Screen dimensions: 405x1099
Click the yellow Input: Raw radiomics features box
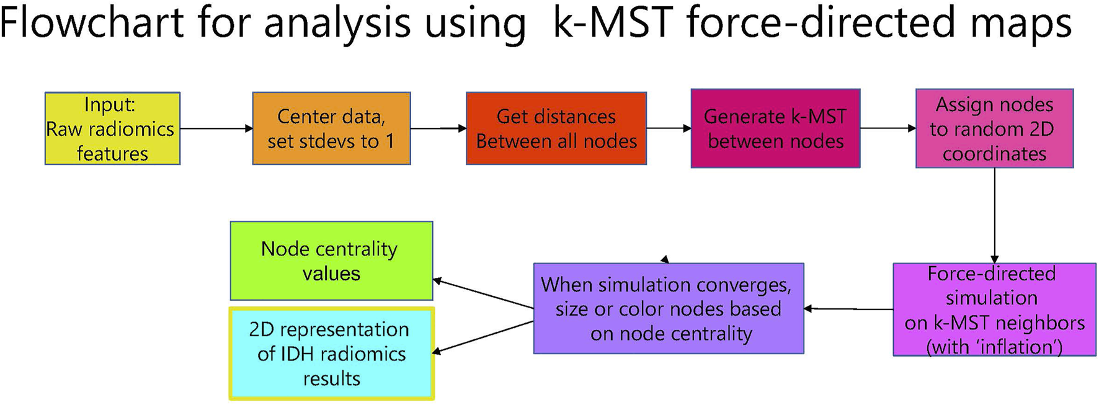tap(112, 128)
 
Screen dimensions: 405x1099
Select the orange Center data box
tap(331, 128)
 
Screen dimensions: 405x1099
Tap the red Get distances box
tap(556, 128)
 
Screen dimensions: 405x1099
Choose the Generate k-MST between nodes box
tap(775, 128)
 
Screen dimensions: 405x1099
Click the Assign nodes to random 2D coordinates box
tap(994, 128)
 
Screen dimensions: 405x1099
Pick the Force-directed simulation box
tap(994, 309)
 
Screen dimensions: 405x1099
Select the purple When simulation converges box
tap(668, 308)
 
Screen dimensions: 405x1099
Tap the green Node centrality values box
tap(331, 261)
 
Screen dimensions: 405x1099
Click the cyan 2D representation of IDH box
tap(331, 354)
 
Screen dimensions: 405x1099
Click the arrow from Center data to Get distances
tap(438, 128)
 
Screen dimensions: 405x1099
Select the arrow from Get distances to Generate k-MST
tap(669, 128)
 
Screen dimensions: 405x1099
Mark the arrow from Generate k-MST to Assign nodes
tap(888, 128)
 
